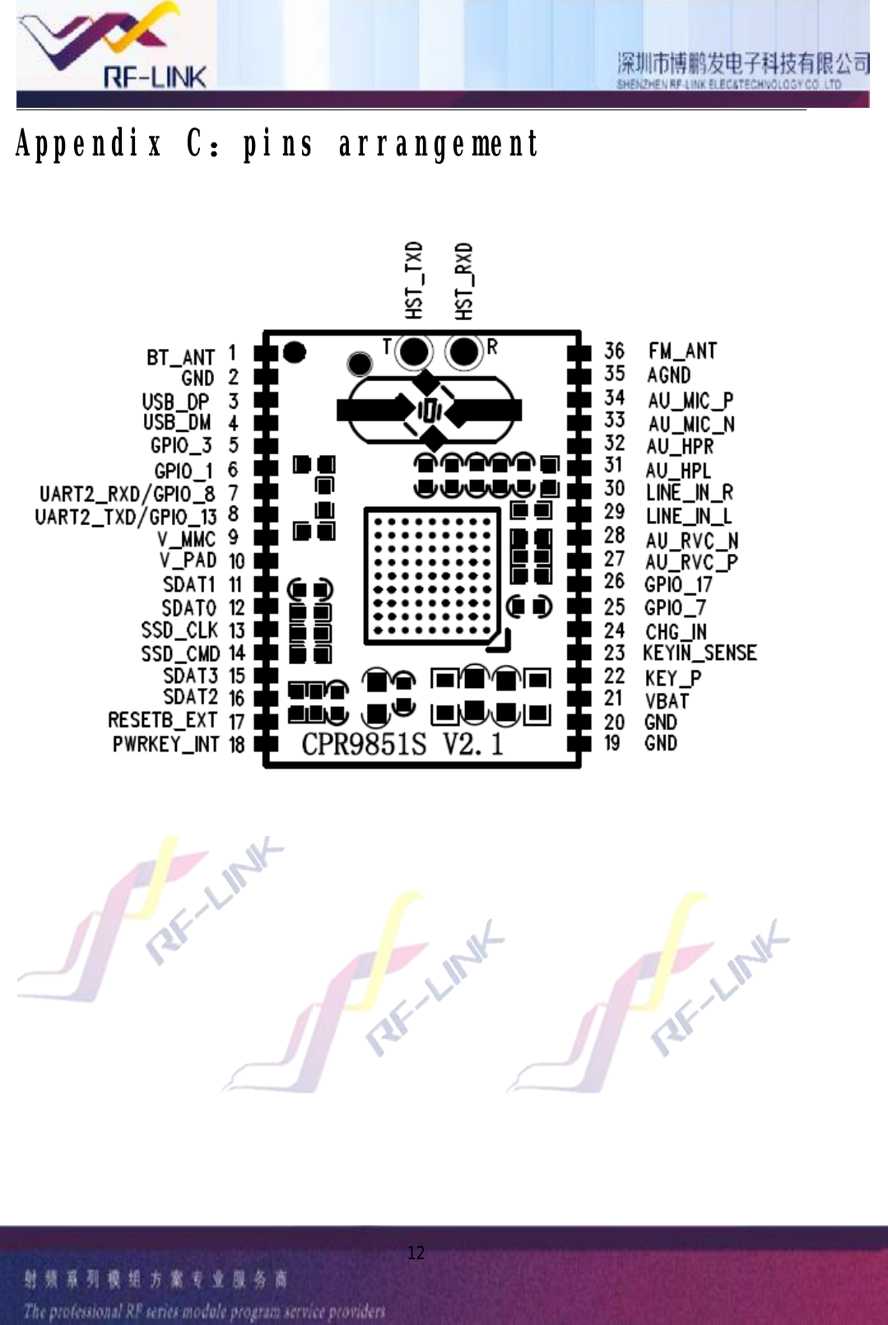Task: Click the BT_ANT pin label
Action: [180, 358]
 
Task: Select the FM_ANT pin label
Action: [682, 351]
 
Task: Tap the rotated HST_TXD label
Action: [414, 280]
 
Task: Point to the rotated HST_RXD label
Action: [464, 281]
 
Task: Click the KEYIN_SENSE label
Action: [700, 653]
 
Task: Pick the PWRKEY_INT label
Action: [165, 745]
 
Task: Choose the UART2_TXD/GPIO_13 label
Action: [126, 517]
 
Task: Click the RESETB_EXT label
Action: [163, 721]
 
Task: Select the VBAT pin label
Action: [667, 701]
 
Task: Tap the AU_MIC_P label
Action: [690, 401]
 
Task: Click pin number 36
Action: [614, 351]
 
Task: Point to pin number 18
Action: [236, 745]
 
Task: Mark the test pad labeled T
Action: [415, 351]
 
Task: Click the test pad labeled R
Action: [464, 351]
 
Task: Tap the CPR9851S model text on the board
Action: [364, 744]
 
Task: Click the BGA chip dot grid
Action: [432, 576]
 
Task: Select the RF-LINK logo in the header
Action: [115, 45]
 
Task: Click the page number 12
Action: [416, 1253]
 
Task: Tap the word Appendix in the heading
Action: [89, 144]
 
